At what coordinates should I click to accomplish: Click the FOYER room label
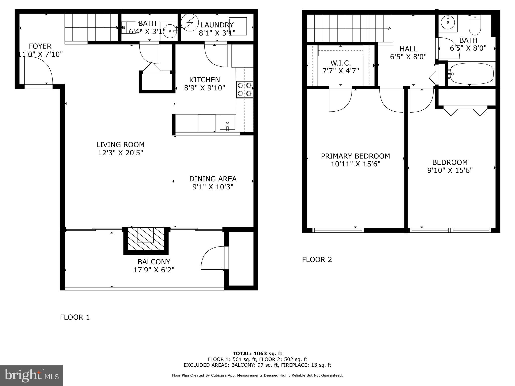coord(40,46)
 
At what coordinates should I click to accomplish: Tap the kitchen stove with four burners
coord(244,89)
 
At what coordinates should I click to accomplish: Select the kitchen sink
coord(227,123)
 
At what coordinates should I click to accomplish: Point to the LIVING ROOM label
coord(120,145)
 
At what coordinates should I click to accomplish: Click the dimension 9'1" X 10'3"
coord(213,187)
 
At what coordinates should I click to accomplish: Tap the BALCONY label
coord(154,262)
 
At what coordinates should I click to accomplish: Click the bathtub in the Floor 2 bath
coord(471,74)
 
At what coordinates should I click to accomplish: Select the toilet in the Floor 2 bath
coord(475,25)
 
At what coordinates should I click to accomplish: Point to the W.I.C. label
coord(340,63)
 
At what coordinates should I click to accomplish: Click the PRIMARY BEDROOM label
coord(355,156)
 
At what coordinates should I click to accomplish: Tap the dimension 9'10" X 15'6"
coord(450,170)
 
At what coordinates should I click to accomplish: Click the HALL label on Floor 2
coord(408,49)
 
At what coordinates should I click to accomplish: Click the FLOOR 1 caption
coord(75,317)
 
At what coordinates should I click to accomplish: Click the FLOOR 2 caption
coord(317,260)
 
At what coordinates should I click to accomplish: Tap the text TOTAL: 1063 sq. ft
coord(257,354)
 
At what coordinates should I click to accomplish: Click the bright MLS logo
coord(31,376)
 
